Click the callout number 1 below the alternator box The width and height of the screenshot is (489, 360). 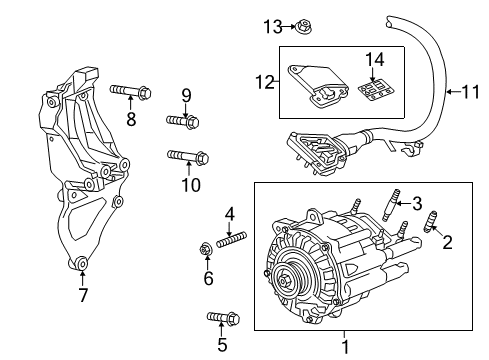pos(345,347)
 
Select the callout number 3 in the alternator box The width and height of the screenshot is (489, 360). pos(418,202)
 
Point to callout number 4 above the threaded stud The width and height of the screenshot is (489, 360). pos(229,212)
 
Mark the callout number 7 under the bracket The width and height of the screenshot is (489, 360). pos(82,294)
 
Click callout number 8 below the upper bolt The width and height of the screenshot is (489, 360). pos(131,121)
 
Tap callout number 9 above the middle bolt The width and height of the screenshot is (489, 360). pos(185,95)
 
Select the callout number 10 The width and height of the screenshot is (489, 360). pos(190,185)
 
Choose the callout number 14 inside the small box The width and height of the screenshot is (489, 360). pos(375,59)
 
